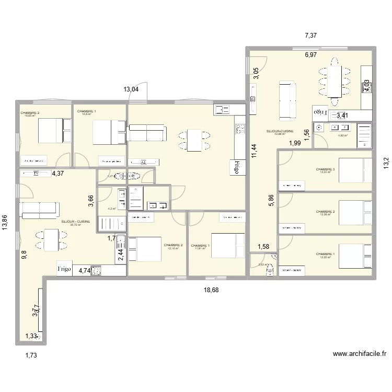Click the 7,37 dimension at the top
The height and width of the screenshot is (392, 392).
point(311,36)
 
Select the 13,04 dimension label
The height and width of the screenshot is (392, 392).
point(131,89)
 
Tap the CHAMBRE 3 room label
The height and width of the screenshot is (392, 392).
point(326,169)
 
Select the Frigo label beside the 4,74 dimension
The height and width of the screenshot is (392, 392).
point(64,270)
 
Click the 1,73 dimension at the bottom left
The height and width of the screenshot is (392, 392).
point(32,355)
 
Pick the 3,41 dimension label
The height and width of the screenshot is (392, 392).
point(343,116)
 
